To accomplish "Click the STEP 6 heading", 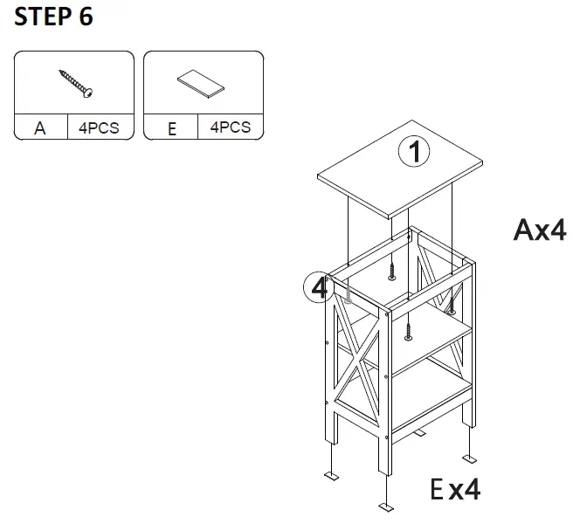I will click(x=53, y=17).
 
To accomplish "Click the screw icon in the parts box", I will click(x=77, y=83).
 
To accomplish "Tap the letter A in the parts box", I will click(x=40, y=128).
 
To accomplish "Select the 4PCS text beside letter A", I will click(x=99, y=127).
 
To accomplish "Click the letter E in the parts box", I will click(x=171, y=129).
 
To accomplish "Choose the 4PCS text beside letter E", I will click(x=230, y=127).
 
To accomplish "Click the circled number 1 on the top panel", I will click(x=414, y=153).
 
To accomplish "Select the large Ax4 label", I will click(x=539, y=231).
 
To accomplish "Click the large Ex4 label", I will click(x=454, y=489).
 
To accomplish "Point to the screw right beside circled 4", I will click(x=347, y=298).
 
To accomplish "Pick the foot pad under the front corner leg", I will click(x=386, y=506).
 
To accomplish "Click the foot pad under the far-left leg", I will click(x=332, y=475).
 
